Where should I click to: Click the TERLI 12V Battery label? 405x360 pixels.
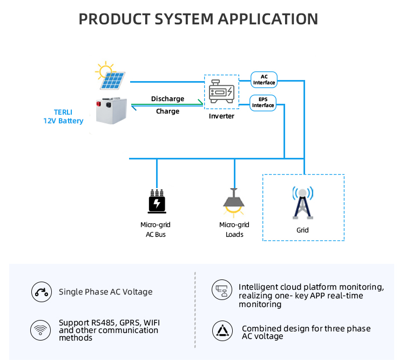[x=63, y=117]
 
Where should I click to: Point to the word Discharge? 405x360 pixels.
[x=167, y=99]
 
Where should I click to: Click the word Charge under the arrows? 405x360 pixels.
[x=167, y=111]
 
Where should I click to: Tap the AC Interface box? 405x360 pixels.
[x=264, y=79]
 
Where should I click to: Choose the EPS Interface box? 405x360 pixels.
[x=264, y=103]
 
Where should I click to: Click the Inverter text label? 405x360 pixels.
[x=221, y=116]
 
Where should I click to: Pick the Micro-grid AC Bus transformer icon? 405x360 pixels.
[x=157, y=202]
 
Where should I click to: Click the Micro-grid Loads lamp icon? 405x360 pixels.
[x=234, y=201]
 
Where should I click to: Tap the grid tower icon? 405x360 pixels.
[x=303, y=203]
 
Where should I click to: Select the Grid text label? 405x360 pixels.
[x=302, y=230]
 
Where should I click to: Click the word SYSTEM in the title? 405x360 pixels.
[x=172, y=19]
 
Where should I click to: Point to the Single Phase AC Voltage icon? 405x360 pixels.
[x=40, y=292]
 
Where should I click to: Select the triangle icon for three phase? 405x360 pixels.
[x=221, y=332]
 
